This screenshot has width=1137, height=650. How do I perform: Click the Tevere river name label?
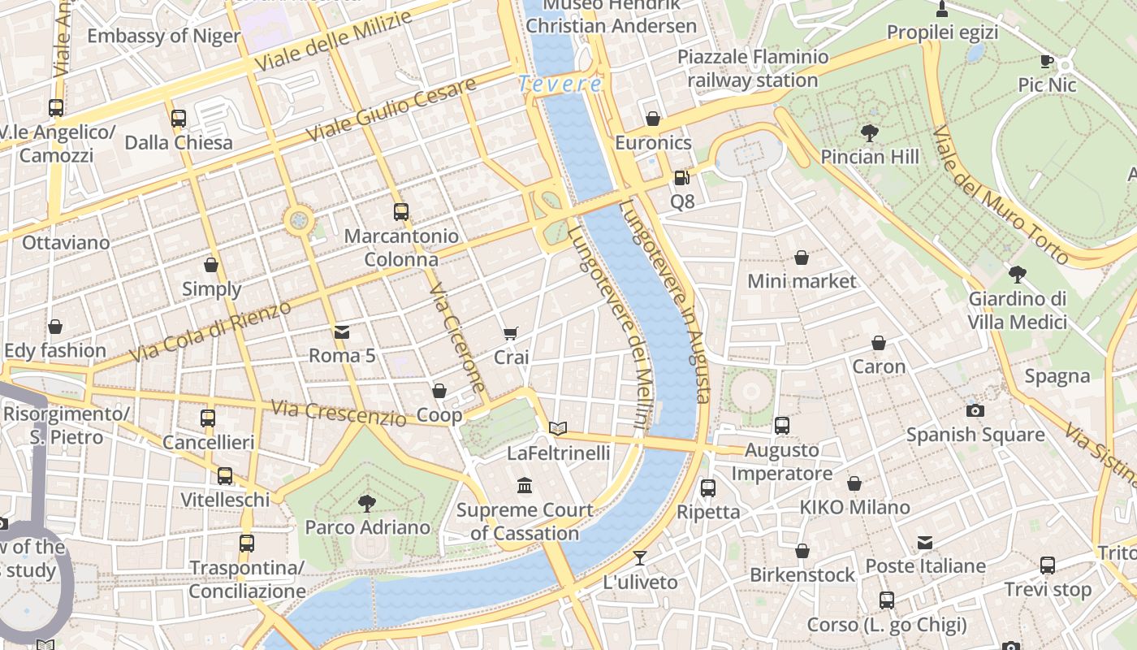560,84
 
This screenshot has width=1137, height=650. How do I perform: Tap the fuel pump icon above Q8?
681,177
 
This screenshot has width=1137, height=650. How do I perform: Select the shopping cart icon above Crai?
511,333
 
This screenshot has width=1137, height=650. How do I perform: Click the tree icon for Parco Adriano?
367,504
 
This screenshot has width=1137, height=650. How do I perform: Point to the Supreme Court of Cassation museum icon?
525,486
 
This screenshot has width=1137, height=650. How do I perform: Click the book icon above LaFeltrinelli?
558,428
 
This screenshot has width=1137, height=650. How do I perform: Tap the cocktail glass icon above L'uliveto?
640,557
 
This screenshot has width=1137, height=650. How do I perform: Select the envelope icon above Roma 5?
342,331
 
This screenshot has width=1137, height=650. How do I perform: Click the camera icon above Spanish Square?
975,410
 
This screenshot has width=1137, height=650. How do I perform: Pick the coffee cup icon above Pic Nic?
1047,61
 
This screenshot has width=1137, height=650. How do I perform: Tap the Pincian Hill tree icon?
870,132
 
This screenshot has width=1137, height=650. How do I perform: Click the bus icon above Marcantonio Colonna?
401,212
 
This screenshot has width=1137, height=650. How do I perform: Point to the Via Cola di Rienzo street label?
211,332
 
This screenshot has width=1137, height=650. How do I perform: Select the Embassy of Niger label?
163,36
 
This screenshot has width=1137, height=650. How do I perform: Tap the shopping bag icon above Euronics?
653,119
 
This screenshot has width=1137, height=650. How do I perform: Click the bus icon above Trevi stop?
1048,565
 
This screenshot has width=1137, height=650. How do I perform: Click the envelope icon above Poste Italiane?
925,543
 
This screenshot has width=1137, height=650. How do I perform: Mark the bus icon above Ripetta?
708,487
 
